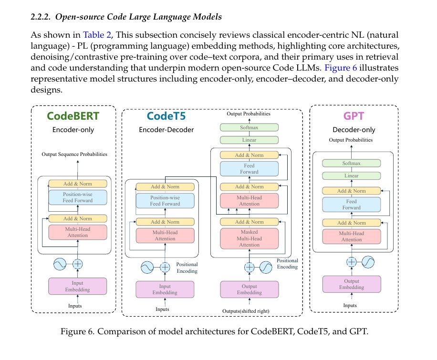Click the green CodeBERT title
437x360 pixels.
73,116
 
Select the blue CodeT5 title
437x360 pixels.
166,116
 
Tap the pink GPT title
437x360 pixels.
354,116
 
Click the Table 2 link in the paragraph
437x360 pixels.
97,35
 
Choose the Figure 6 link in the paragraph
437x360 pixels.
341,68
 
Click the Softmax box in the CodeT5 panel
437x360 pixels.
249,127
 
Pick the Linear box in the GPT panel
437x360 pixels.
352,176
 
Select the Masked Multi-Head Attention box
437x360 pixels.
249,238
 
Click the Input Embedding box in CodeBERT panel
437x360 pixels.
77,286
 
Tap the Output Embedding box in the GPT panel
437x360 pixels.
352,284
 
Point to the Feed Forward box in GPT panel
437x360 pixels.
352,205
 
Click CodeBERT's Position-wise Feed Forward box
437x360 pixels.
77,197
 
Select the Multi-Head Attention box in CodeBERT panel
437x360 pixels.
77,232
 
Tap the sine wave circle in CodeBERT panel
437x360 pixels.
60,264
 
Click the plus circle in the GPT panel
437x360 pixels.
352,262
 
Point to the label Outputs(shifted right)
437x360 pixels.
246,311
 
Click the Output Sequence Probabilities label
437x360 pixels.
74,154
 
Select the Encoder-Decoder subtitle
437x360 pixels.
166,130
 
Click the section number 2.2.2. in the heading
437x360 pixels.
41,17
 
